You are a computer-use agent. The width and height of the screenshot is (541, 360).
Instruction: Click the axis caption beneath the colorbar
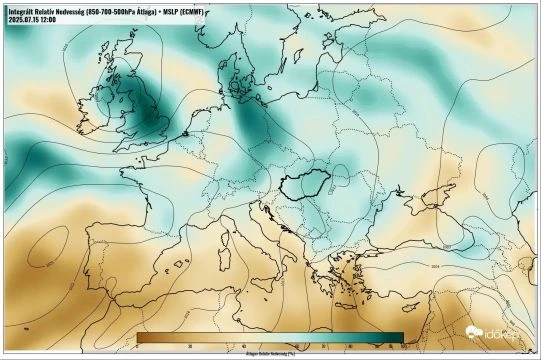click(270, 353)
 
